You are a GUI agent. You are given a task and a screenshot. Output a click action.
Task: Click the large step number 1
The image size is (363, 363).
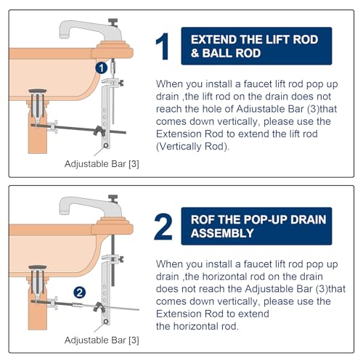pos(163,46)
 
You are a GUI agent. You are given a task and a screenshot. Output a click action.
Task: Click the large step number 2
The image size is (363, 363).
pos(163,227)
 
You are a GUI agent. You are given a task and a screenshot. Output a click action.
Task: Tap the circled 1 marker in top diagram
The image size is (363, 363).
pos(102,68)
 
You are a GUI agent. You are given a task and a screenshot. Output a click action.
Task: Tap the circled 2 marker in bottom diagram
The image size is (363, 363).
pos(80,293)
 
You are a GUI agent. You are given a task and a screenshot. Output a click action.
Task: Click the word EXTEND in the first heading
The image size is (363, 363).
pos(212,40)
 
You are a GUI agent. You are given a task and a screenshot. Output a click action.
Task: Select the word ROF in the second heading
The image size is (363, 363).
pos(201,220)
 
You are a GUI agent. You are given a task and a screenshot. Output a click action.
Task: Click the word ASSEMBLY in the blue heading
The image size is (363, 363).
pos(222,233)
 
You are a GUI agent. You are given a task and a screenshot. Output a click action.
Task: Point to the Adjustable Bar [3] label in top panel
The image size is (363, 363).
pos(102,164)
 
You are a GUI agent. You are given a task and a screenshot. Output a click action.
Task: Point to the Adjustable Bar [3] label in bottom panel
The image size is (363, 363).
pos(102,340)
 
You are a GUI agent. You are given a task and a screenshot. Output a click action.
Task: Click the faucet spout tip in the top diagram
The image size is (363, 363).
pos(64,36)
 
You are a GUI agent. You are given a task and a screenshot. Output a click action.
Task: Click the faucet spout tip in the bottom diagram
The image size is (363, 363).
pos(64,212)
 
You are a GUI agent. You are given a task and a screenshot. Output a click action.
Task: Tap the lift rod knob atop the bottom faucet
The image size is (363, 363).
pos(113,197)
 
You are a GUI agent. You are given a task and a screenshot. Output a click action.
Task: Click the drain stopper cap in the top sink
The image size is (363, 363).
pos(38,91)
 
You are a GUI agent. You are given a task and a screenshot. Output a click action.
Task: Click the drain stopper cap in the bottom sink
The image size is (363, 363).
pos(38,267)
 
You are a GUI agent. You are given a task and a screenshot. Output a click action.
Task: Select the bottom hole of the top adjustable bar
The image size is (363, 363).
pos(106,146)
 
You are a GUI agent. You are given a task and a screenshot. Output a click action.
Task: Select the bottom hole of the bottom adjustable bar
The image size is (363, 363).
pos(106,322)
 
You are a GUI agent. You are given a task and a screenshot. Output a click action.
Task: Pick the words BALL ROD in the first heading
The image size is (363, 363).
pos(232,53)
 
